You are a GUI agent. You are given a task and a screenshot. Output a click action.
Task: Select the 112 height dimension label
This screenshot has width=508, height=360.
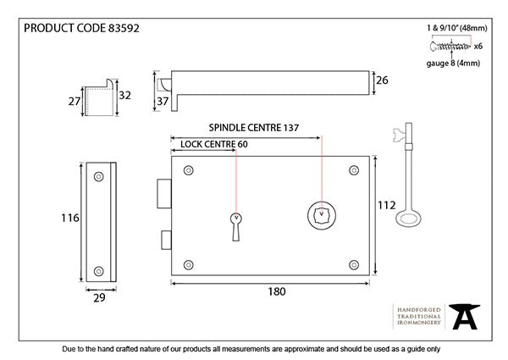(x=387, y=205)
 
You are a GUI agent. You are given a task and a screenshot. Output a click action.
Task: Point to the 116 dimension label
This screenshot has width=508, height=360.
(x=70, y=218)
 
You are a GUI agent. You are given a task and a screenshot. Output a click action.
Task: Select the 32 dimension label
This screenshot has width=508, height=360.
(x=124, y=96)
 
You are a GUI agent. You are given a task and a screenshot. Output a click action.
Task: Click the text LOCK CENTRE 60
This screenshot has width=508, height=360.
(x=215, y=145)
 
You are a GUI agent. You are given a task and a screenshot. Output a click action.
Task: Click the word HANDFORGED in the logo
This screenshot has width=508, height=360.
(x=417, y=310)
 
